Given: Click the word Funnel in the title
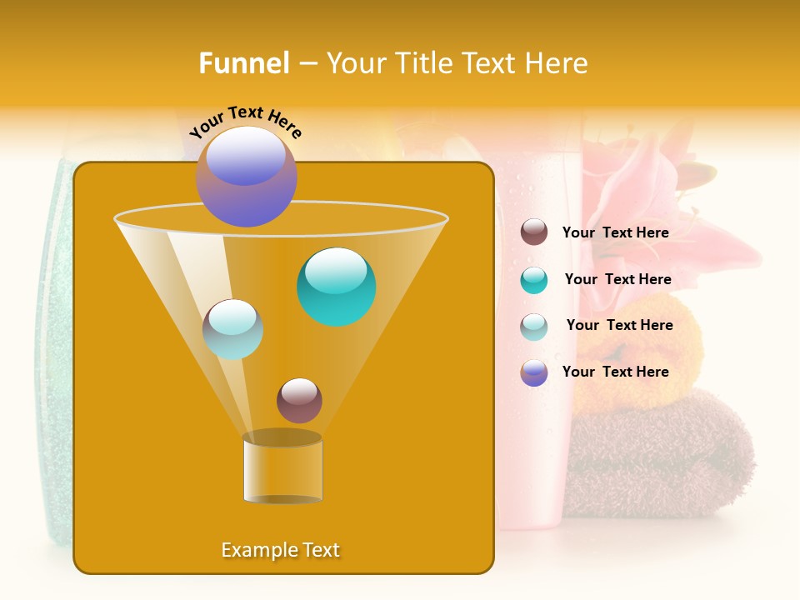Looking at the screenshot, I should click(244, 63).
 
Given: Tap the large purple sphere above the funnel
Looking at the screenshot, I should click(247, 177).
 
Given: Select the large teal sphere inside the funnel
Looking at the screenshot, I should click(336, 287).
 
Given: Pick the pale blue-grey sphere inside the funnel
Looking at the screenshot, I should click(232, 329).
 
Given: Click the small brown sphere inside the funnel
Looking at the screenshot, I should click(299, 400).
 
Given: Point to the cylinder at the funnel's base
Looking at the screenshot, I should click(282, 469).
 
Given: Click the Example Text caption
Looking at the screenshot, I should click(280, 550).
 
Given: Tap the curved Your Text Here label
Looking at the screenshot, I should click(245, 122).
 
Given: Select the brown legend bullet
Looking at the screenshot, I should click(534, 232).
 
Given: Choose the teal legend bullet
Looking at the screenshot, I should click(534, 280).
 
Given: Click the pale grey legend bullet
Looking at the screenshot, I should click(534, 327).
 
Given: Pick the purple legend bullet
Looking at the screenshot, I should click(534, 372).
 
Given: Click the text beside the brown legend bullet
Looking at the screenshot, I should click(615, 233).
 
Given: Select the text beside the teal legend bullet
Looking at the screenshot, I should click(617, 280).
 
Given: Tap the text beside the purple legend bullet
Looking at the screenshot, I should click(615, 372).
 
